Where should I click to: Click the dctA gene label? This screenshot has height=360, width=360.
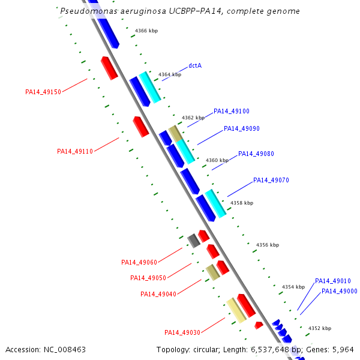(x=194, y=65)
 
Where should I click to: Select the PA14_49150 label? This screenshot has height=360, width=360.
(x=43, y=92)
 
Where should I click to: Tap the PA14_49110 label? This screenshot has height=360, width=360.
(x=75, y=151)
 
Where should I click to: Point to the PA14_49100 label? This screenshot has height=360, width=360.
(x=232, y=111)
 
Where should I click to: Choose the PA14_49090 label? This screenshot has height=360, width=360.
(x=242, y=128)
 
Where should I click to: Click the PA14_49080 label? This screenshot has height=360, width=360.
(x=256, y=154)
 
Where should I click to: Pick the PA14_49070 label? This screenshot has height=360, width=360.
(x=271, y=180)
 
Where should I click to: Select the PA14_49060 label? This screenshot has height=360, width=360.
(x=139, y=262)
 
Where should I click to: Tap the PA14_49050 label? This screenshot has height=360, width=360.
(x=148, y=278)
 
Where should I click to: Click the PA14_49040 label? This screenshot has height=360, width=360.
(x=158, y=294)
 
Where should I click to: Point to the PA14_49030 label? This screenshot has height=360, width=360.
(x=182, y=332)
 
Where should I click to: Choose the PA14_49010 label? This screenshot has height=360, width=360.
(x=333, y=281)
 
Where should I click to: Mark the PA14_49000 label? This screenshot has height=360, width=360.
(x=340, y=291)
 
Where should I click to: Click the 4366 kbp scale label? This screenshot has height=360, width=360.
(x=146, y=30)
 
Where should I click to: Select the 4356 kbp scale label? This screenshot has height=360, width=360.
(x=268, y=245)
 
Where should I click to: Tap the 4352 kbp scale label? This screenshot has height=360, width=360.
(x=320, y=328)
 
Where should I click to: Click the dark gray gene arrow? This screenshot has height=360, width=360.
(x=193, y=241)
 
